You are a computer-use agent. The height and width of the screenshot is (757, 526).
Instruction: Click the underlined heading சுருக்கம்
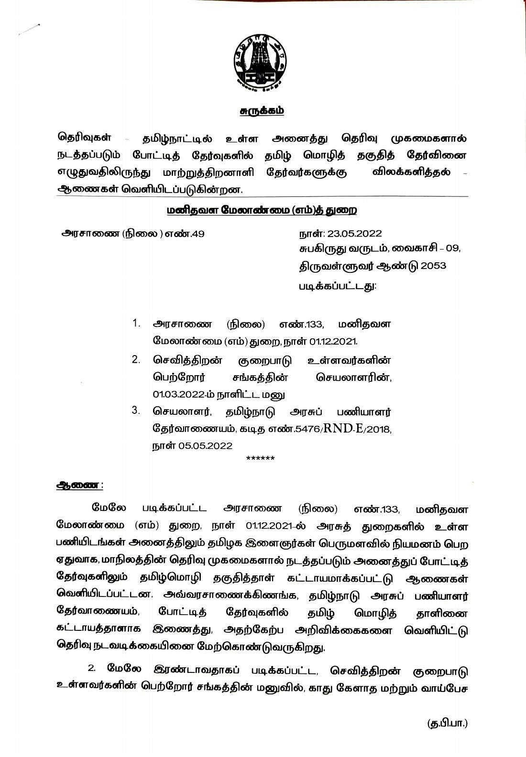(x=262, y=111)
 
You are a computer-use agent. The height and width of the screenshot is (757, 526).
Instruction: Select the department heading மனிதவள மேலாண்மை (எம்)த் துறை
(x=262, y=211)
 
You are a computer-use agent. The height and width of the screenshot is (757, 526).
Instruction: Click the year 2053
(x=433, y=265)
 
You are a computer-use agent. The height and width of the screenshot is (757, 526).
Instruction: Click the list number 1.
(x=136, y=324)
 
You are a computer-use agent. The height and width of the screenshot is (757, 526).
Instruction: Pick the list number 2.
(x=136, y=359)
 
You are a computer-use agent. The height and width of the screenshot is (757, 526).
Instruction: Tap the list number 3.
(x=136, y=410)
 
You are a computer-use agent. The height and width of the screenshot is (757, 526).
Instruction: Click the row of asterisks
(x=260, y=459)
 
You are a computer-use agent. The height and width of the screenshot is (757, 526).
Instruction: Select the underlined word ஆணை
(x=78, y=485)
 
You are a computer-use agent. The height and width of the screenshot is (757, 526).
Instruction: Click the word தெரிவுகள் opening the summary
(x=84, y=138)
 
